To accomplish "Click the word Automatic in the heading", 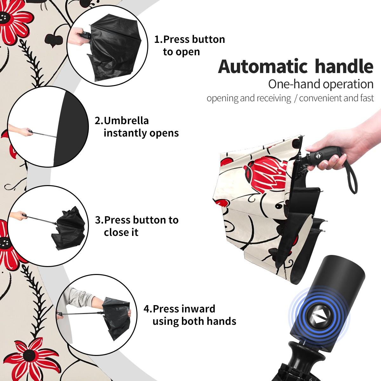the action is tap(263, 67).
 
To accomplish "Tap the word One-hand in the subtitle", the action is tap(294, 84).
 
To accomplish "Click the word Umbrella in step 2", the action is tap(126, 121).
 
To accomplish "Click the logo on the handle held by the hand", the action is tap(317, 156).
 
